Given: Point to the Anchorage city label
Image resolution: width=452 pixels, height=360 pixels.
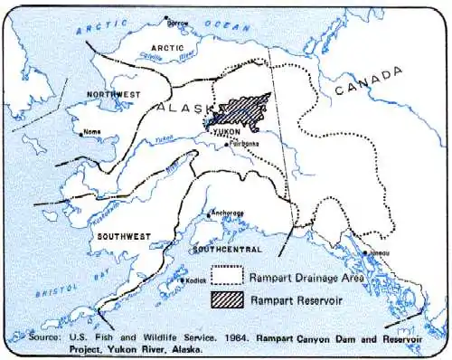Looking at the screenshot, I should point(227,213).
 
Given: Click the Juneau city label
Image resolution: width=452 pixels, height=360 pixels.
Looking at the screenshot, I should point(379,254).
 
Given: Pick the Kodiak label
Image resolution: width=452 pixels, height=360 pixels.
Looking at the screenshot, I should point(199,280).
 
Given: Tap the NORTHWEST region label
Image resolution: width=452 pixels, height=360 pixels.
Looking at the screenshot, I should point(114,94).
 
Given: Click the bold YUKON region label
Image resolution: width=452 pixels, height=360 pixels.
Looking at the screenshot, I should point(226,132).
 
